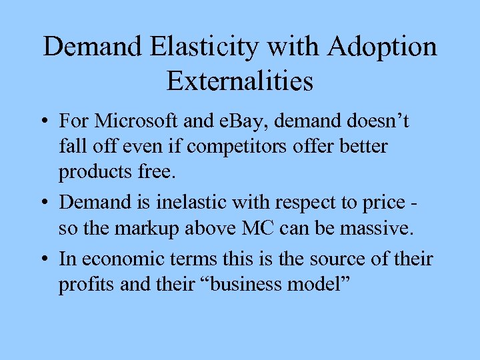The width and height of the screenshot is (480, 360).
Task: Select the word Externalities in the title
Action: coord(240,81)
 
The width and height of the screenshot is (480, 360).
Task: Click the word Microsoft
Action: coord(137,122)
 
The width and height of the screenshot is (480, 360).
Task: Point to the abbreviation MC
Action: coord(267,229)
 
